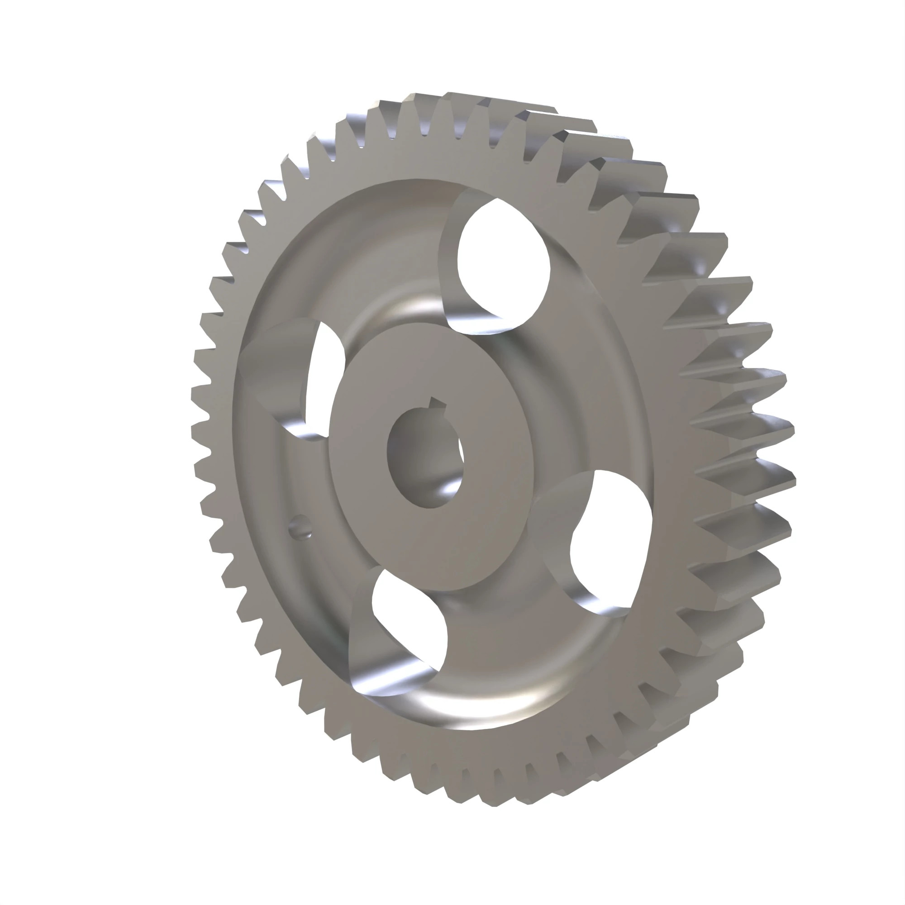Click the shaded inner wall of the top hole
450,262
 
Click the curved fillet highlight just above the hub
412,309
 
